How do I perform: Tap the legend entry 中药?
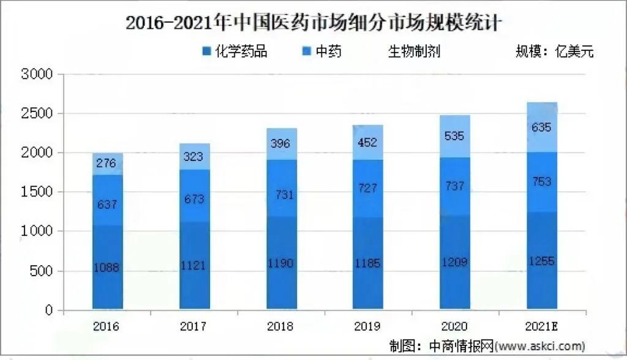tap(328, 51)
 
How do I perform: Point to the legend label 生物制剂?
tap(414, 51)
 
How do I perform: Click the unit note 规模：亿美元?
tap(555, 51)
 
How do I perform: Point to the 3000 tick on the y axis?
tap(37, 75)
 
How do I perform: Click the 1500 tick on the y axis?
tap(37, 193)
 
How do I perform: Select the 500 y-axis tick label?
tap(41, 271)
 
